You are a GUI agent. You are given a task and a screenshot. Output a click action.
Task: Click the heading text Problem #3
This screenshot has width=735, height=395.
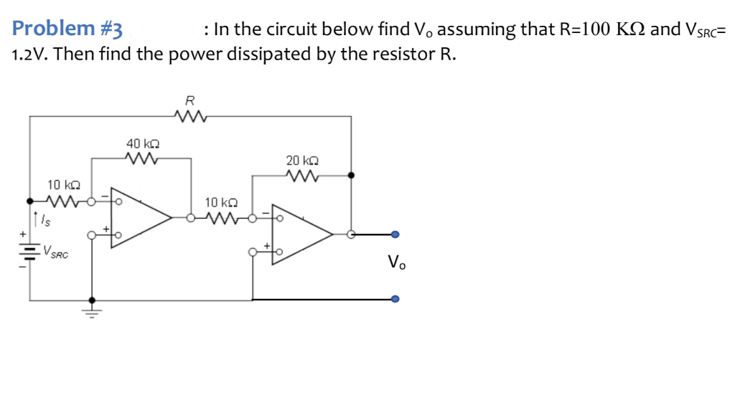click(x=68, y=29)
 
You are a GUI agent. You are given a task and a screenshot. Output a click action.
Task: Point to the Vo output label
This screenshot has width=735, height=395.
click(x=396, y=263)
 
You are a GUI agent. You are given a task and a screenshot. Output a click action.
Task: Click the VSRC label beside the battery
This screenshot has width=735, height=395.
click(x=55, y=252)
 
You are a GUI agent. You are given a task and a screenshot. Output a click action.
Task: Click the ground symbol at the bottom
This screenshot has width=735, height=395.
click(x=91, y=310)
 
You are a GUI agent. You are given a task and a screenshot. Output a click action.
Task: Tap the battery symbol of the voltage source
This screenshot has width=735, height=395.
click(x=29, y=251)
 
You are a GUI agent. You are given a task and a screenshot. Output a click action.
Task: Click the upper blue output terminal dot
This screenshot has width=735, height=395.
click(x=395, y=234)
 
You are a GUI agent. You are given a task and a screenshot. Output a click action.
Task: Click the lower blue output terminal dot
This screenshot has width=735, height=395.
click(x=395, y=300)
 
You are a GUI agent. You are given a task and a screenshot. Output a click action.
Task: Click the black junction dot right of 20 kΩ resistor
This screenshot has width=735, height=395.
click(x=350, y=174)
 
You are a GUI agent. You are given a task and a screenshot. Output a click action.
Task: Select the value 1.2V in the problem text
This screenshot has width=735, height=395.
click(x=29, y=54)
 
